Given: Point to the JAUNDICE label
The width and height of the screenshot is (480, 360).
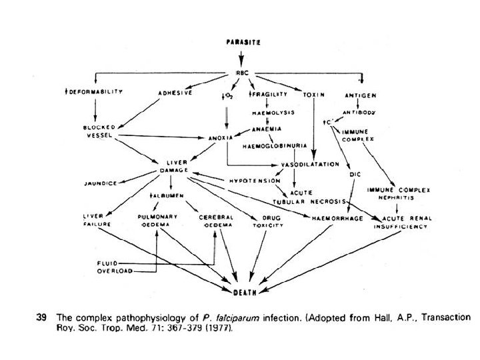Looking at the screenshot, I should [x=99, y=182].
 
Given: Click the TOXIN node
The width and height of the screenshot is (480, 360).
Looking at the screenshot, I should [x=313, y=94].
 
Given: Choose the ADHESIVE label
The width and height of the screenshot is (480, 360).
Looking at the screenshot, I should [x=175, y=93].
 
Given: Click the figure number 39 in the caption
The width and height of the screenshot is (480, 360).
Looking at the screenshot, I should [x=41, y=317].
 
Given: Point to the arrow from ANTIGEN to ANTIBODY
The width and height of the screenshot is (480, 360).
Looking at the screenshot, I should [x=359, y=103].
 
